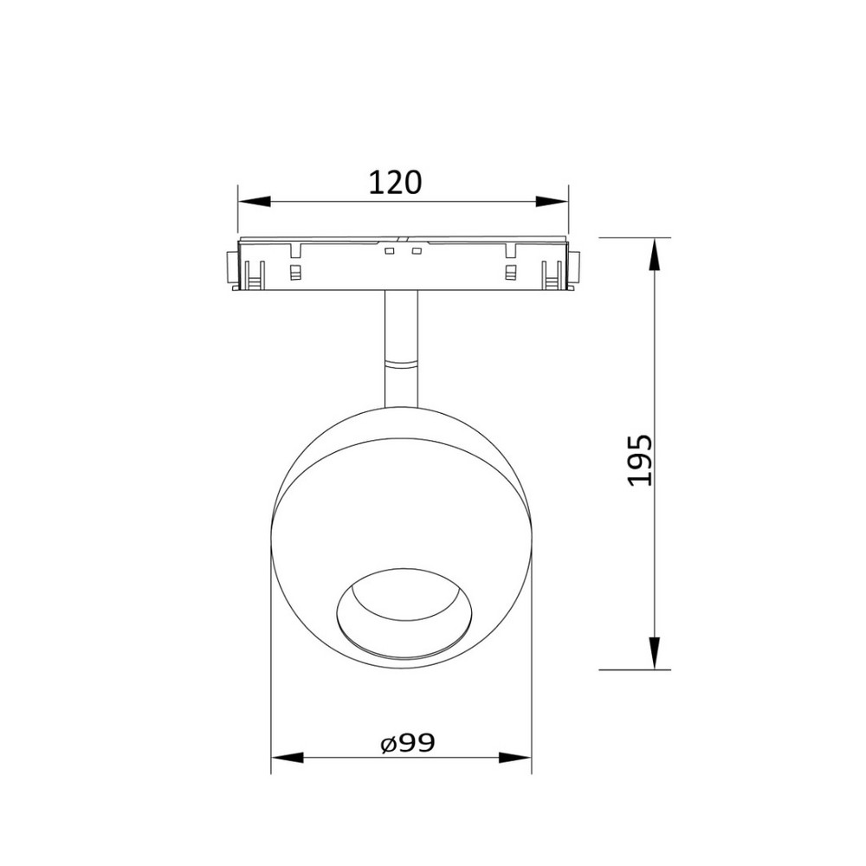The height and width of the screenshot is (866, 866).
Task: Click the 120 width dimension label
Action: [395, 183]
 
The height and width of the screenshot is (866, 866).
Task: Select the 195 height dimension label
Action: [640, 460]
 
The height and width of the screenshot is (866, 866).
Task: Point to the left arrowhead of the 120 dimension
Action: [254, 202]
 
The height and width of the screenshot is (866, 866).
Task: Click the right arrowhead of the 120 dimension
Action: [552, 202]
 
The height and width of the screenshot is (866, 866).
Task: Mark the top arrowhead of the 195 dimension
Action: [655, 254]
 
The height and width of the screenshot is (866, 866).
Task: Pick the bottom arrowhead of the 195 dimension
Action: [655, 653]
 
